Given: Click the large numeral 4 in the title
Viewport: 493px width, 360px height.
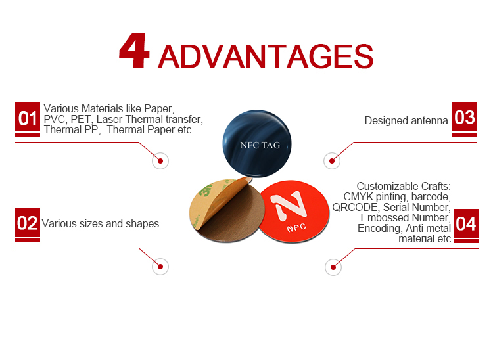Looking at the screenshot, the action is [134, 51].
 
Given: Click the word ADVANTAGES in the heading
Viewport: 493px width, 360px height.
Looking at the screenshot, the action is [266, 56].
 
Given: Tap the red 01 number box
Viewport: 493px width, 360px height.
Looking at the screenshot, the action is [28, 118].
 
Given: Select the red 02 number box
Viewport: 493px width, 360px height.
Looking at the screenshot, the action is [28, 223].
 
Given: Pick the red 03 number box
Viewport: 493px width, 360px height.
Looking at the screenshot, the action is [465, 117].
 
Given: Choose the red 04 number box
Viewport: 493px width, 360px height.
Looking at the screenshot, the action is [466, 223].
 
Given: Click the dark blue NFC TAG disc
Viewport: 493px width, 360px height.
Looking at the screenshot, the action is [257, 144].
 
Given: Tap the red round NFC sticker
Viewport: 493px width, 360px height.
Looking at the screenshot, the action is [294, 212].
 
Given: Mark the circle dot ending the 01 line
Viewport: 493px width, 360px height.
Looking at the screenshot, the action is [160, 161].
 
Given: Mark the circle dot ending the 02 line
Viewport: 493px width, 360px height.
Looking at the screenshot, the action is [160, 267].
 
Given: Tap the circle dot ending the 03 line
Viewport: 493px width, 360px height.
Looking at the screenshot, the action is [332, 161].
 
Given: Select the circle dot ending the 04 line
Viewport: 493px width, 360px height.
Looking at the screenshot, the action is [333, 267].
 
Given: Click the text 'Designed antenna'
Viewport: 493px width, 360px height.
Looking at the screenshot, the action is [406, 121].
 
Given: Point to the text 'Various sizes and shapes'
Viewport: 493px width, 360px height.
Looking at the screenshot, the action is [101, 223].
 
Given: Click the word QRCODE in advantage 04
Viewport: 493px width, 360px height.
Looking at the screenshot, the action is [355, 208].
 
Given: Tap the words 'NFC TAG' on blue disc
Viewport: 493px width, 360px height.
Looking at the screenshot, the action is [260, 145].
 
